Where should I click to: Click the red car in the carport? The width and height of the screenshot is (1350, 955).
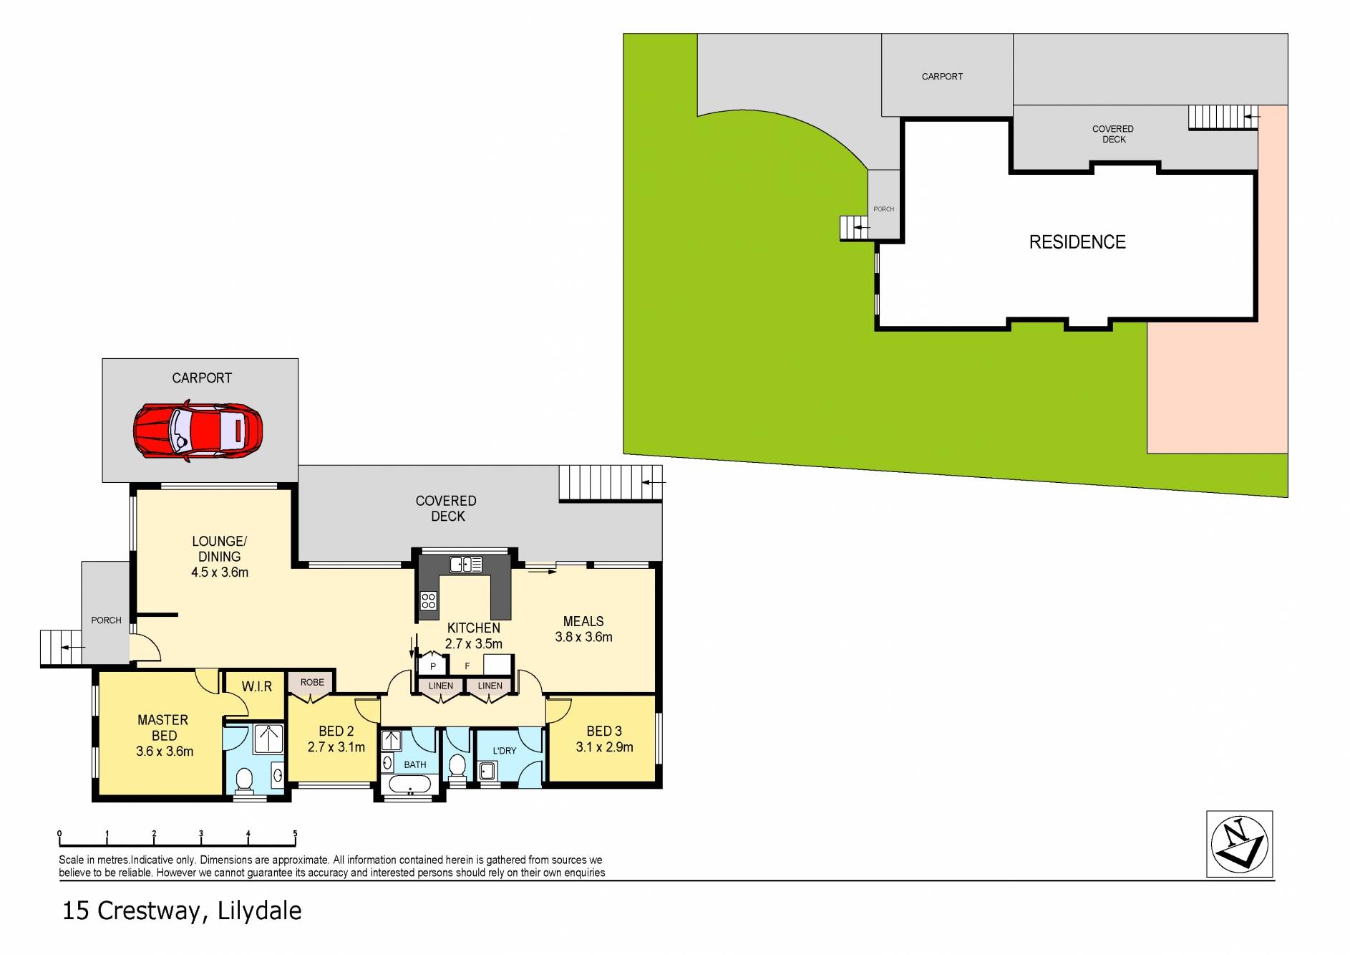click(x=198, y=431)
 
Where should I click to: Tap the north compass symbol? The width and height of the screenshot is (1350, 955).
click(x=1239, y=843)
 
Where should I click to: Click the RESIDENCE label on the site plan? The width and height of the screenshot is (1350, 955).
click(x=1077, y=242)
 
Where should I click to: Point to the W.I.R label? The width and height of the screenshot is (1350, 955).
click(x=256, y=686)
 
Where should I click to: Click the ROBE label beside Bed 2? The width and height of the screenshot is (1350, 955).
click(x=312, y=682)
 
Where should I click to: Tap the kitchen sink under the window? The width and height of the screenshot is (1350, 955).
click(x=465, y=565)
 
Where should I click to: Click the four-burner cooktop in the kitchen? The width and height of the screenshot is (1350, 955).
click(x=428, y=600)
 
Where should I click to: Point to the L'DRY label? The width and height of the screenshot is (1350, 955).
click(x=504, y=750)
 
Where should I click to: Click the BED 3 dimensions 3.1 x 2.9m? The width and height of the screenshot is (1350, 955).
click(x=604, y=747)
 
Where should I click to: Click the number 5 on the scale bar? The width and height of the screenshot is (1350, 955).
click(x=295, y=833)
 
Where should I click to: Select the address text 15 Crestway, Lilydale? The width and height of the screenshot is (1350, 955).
click(x=182, y=911)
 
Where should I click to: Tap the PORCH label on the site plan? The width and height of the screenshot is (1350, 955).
click(x=883, y=209)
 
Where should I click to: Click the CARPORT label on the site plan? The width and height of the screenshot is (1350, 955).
click(x=941, y=76)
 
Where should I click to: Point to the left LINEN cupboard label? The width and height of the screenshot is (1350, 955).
click(x=440, y=686)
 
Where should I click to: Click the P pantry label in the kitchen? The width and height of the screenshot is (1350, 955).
click(x=433, y=666)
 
